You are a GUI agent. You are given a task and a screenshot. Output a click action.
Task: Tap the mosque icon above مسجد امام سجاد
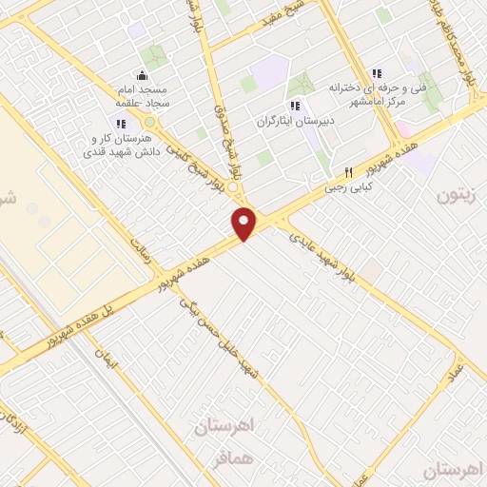(x=142, y=76)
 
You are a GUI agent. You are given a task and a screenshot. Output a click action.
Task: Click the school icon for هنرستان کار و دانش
(x=120, y=123)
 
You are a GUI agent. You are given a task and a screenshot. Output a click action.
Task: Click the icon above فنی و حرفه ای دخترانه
(x=377, y=73)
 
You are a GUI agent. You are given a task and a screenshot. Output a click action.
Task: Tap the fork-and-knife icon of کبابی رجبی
(x=347, y=172)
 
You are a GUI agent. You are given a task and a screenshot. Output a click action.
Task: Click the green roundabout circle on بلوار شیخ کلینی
(x=149, y=122)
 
